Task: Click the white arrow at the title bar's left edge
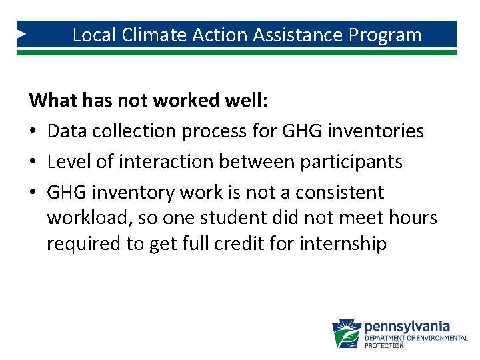pos(21,33)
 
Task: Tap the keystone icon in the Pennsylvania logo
pos(346,333)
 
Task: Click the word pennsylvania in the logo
pos(407,327)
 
